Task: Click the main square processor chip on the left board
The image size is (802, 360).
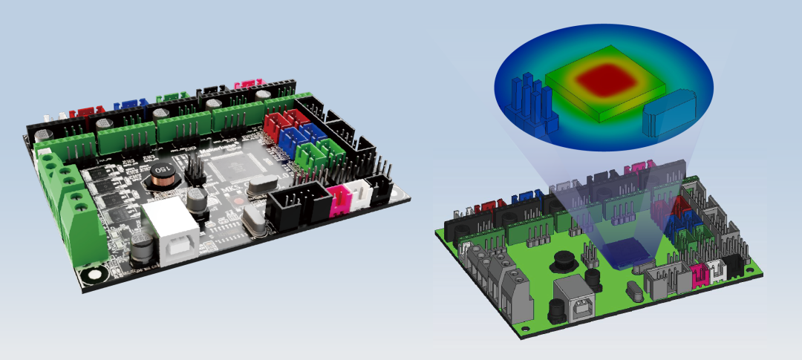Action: click(x=232, y=171)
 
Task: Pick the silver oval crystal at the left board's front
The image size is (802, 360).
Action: click(x=254, y=220)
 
